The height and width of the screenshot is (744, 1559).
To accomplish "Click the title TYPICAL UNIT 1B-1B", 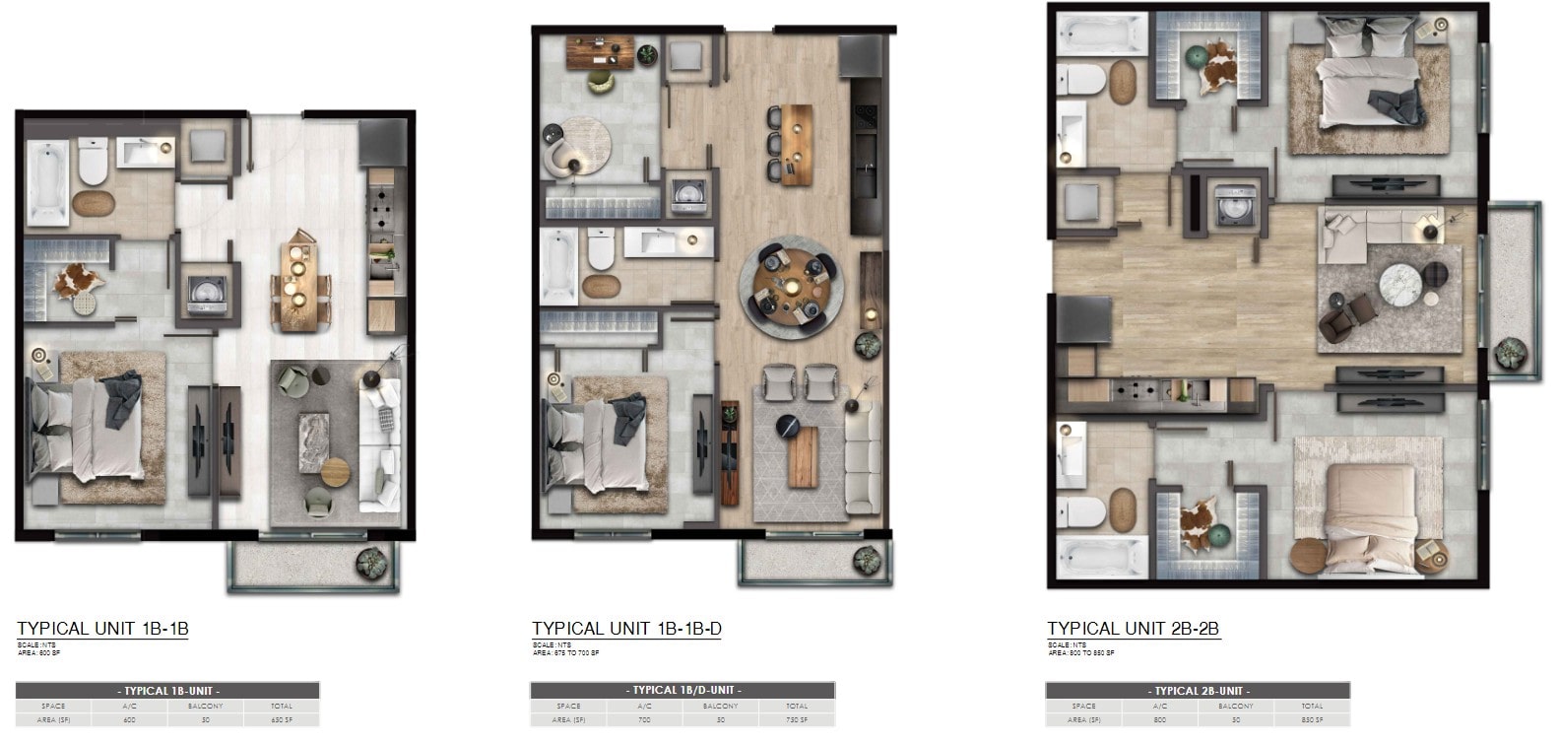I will click(102, 629).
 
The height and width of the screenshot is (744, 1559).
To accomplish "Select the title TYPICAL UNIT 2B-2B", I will click(1134, 629).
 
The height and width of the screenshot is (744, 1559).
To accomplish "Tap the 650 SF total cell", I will click(281, 719).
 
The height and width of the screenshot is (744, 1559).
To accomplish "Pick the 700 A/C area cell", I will click(644, 719).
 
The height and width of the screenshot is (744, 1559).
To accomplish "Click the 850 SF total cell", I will click(1312, 719).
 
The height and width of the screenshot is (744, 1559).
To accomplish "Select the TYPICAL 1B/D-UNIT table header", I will click(682, 690).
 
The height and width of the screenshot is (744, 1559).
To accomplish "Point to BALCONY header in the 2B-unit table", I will click(1235, 706).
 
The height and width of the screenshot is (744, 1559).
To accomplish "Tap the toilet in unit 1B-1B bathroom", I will click(93, 161).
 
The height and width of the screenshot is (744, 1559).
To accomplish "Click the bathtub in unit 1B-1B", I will click(47, 182).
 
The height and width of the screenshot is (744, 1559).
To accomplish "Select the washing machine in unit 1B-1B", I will click(208, 293).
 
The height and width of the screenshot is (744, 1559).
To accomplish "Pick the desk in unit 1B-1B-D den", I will click(599, 51).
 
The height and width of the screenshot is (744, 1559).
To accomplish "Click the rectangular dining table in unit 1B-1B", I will click(294, 285).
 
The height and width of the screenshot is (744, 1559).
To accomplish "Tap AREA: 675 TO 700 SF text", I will click(565, 652).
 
